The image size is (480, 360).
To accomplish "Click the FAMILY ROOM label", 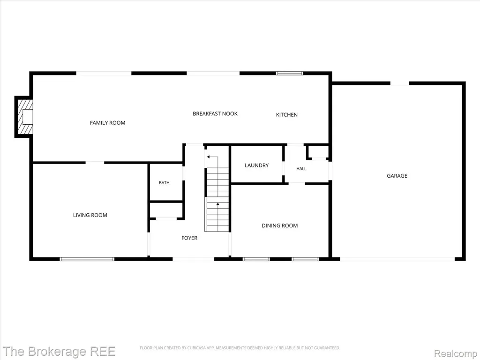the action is pos(107,123).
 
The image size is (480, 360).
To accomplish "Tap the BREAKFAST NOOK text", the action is pos(215,113).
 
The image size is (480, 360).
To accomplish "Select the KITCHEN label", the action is pos(286,115).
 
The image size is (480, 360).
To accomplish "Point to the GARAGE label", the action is pos(397,176).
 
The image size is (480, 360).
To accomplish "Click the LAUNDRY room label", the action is pos(256,165).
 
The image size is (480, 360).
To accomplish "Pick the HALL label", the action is pos(301,169).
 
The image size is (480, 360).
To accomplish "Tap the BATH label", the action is pos(164,183).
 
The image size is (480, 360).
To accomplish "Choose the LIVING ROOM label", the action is pos(90,215).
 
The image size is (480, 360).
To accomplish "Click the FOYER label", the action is pos(189,238).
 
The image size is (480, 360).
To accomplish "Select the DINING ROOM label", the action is pos(279,225).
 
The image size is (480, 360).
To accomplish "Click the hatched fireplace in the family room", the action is pos(24,117).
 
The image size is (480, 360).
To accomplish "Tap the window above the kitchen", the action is pos(289,73).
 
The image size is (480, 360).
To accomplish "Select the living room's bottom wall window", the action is pos(87,259).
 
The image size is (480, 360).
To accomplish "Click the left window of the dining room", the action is pos(256,259).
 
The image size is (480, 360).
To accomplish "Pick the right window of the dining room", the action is pos(305,259).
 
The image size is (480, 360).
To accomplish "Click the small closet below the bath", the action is pos(166,210).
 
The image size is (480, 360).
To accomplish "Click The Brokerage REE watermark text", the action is pos(59,352).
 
